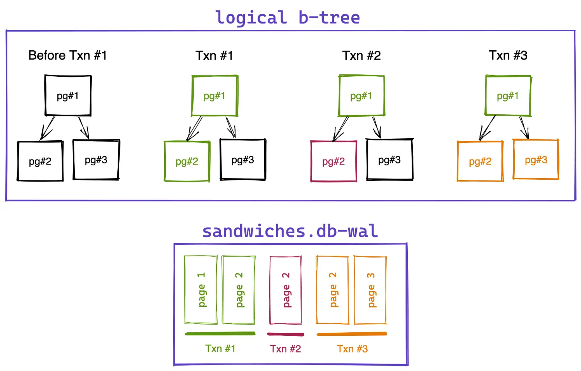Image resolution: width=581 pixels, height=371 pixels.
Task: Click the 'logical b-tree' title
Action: pyautogui.click(x=287, y=18)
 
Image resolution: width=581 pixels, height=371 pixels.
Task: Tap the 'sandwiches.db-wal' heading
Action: pyautogui.click(x=290, y=231)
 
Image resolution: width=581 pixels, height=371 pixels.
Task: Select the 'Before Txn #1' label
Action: pyautogui.click(x=67, y=55)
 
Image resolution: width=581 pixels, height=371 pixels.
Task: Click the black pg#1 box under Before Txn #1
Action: pyautogui.click(x=68, y=96)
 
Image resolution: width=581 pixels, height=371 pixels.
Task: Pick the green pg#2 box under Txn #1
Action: pyautogui.click(x=187, y=161)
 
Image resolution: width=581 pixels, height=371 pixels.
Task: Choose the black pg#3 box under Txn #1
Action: pyautogui.click(x=243, y=160)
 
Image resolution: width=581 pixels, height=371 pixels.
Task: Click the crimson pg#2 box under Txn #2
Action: pyautogui.click(x=333, y=161)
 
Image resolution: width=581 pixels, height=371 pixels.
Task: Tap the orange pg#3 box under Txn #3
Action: pyautogui.click(x=536, y=160)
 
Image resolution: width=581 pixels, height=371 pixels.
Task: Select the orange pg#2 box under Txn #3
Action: pyautogui.click(x=480, y=161)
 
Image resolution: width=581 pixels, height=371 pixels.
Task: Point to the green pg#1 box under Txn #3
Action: pyautogui.click(x=508, y=96)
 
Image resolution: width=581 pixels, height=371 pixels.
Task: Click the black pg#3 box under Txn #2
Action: pyautogui.click(x=390, y=160)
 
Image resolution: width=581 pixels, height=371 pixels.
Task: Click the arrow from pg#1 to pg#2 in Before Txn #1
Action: pyautogui.click(x=47, y=128)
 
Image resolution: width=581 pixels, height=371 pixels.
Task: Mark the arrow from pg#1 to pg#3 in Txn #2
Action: pyautogui.click(x=376, y=127)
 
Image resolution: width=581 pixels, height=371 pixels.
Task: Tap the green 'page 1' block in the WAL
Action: pyautogui.click(x=201, y=290)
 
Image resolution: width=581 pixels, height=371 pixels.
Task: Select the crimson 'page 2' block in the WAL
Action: pyautogui.click(x=285, y=290)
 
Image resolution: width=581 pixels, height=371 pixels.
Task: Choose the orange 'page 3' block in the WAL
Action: pyautogui.click(x=370, y=290)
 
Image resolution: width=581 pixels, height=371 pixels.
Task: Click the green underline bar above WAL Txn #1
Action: pyautogui.click(x=220, y=333)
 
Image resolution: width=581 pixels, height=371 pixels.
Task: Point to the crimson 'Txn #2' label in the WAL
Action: pyautogui.click(x=285, y=349)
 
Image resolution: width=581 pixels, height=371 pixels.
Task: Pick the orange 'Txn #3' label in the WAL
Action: pyautogui.click(x=352, y=349)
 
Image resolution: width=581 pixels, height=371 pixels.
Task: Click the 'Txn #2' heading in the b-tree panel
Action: pyautogui.click(x=361, y=55)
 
